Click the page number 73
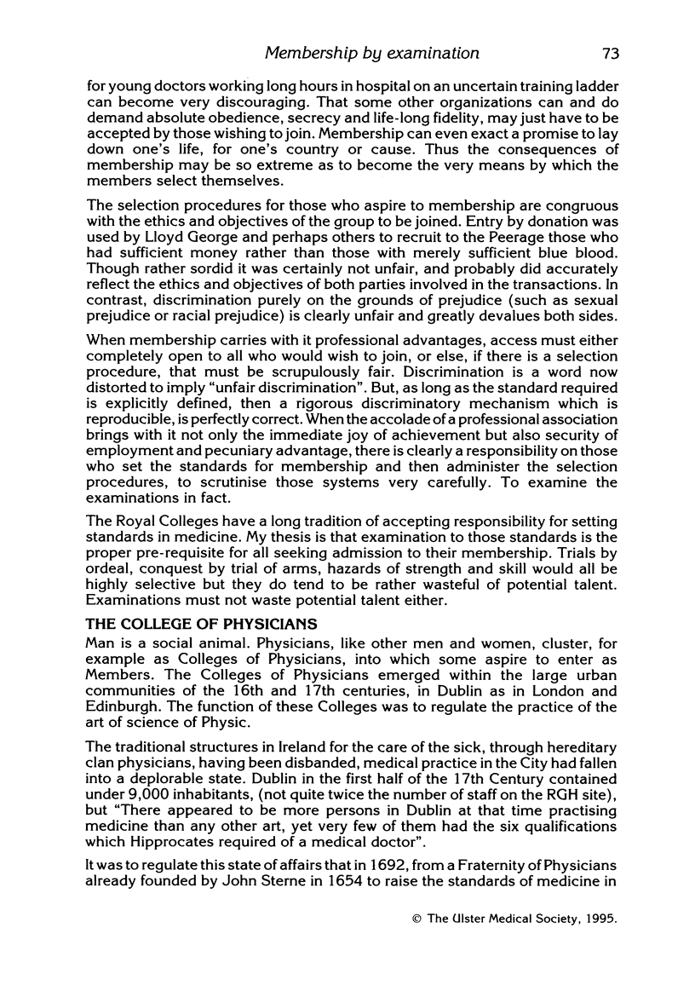click(609, 54)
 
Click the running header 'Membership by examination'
click(372, 54)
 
